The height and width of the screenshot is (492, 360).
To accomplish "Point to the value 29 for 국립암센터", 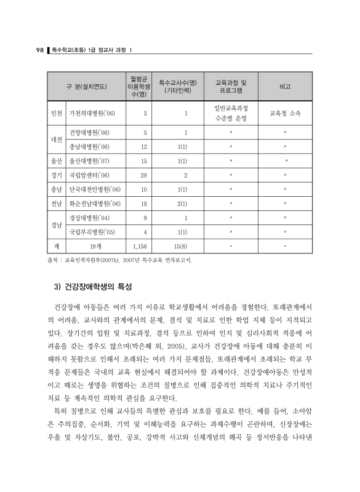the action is coord(143,176).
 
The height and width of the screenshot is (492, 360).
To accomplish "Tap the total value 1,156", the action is coord(140,247).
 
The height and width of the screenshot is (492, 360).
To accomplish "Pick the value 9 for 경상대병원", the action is coord(145,218).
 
